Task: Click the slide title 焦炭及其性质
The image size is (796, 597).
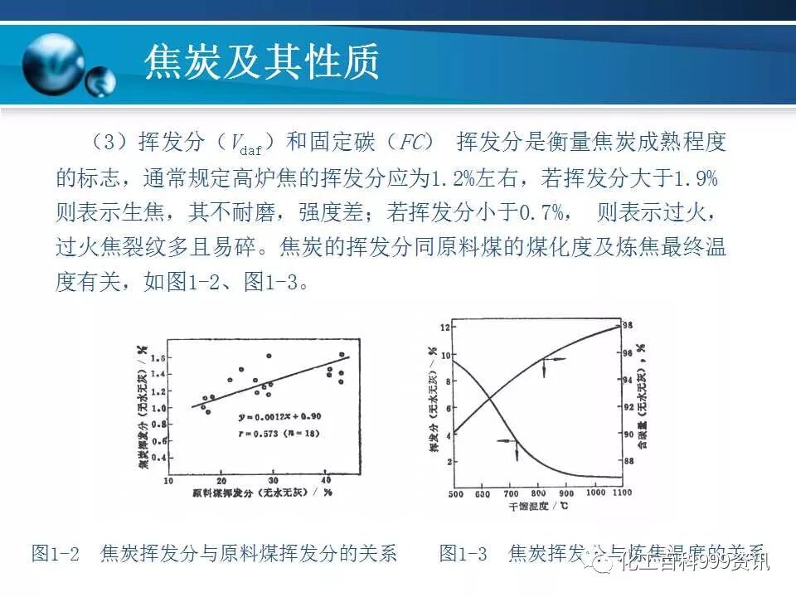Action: tap(262, 62)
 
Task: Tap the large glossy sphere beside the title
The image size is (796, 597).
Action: tap(53, 65)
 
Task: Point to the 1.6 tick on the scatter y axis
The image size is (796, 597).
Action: tap(159, 358)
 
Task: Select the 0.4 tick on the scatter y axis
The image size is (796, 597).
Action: tap(159, 457)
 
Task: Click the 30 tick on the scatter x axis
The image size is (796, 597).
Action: tap(273, 480)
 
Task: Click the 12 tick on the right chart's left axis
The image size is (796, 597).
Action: tap(445, 328)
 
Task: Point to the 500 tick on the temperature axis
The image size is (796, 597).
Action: tap(455, 494)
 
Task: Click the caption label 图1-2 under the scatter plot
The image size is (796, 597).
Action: tap(55, 554)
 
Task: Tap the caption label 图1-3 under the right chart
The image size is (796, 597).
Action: tap(463, 554)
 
